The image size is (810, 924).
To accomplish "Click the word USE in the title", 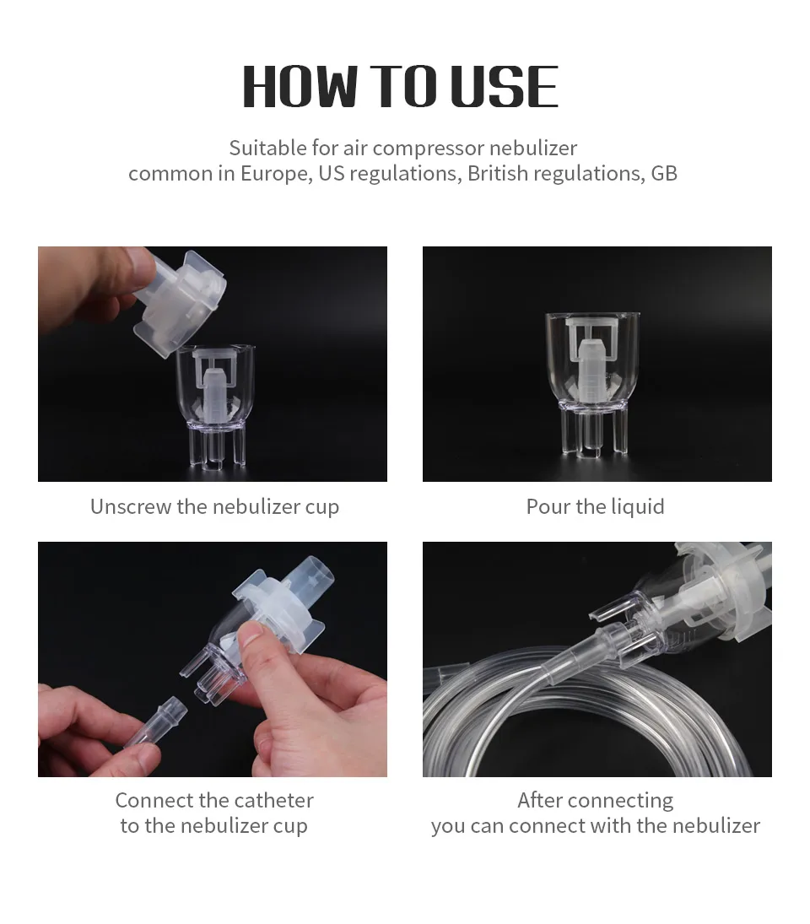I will pos(504,87).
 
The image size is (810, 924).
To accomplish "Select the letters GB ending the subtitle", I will pos(664,174).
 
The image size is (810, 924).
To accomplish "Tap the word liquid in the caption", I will pos(634,506).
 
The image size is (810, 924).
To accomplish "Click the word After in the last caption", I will pos(540,800).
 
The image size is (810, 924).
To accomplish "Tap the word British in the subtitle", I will pos(501,174).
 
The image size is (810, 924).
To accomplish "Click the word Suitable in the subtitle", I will pos(267,149).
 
